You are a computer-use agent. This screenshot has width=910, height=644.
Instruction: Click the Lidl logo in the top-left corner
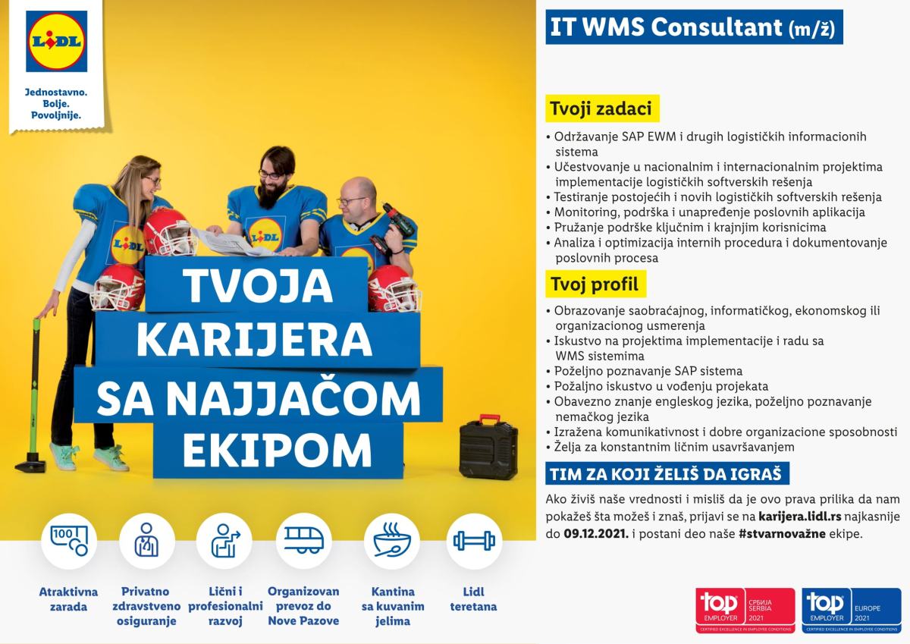pyautogui.click(x=56, y=42)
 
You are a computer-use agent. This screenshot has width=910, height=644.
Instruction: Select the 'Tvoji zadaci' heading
pyautogui.click(x=602, y=108)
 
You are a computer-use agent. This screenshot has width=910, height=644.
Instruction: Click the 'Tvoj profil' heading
pyautogui.click(x=595, y=284)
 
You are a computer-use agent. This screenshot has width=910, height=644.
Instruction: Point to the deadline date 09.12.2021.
pyautogui.click(x=596, y=533)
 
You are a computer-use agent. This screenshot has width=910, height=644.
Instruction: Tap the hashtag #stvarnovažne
pyautogui.click(x=782, y=533)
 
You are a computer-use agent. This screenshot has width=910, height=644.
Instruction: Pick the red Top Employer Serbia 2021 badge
pyautogui.click(x=745, y=610)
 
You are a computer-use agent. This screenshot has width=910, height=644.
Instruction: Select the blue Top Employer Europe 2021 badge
pyautogui.click(x=851, y=610)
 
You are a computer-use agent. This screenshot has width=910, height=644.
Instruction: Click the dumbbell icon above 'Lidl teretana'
pyautogui.click(x=474, y=541)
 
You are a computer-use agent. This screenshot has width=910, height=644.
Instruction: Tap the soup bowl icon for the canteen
pyautogui.click(x=392, y=541)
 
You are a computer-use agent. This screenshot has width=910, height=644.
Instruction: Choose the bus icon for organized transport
pyautogui.click(x=303, y=540)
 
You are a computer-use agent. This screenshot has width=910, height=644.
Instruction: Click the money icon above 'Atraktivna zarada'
pyautogui.click(x=69, y=540)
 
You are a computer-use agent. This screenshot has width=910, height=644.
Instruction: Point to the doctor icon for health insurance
pyautogui.click(x=146, y=540)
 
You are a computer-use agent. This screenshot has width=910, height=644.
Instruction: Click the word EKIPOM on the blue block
pyautogui.click(x=277, y=450)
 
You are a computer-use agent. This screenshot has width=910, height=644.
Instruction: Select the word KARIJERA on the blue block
pyautogui.click(x=254, y=339)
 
